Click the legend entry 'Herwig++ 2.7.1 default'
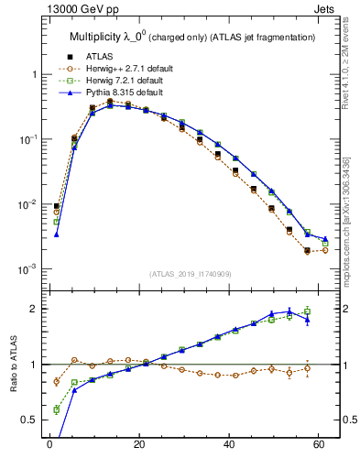(x=116, y=68)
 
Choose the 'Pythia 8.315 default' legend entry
(x=113, y=93)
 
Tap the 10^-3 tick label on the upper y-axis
(x=29, y=269)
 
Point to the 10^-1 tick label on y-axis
(x=29, y=139)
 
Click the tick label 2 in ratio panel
(x=33, y=309)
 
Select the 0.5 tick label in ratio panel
(x=29, y=420)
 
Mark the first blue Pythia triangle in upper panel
(x=57, y=234)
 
